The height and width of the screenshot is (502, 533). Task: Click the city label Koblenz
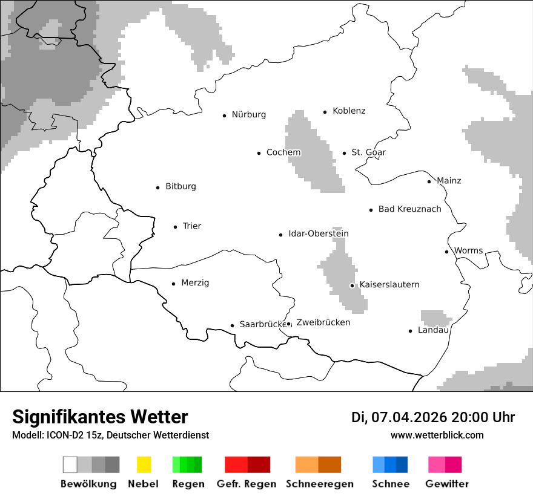click(349, 111)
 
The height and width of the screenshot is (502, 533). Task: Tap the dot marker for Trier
click(175, 227)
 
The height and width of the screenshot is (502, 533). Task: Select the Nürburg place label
click(248, 114)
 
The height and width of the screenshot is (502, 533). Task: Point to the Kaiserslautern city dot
click(352, 285)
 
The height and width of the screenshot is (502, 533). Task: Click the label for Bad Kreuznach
click(409, 209)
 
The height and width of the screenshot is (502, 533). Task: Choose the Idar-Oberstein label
click(318, 233)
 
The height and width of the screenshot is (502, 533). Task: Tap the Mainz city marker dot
click(429, 181)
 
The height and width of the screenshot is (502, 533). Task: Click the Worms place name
click(468, 250)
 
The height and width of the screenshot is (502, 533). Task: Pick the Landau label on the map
click(432, 330)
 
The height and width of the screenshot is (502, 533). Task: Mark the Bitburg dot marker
click(157, 187)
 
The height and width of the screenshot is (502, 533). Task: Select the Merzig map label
click(195, 282)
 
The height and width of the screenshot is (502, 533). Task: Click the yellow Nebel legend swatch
click(144, 465)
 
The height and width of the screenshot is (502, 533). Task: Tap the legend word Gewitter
click(447, 484)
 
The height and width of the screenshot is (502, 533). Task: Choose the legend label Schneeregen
click(319, 484)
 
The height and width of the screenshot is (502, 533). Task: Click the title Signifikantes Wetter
click(100, 417)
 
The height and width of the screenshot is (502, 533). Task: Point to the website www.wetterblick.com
click(437, 435)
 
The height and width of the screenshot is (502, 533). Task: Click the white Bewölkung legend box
click(70, 465)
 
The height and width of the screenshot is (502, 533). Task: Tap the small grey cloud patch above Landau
click(435, 318)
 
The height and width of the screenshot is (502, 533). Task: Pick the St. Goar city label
click(368, 152)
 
